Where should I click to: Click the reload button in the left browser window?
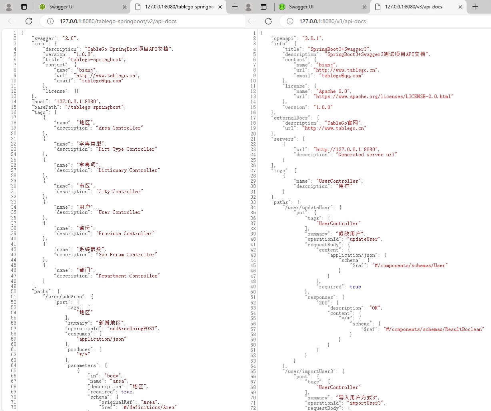(x=29, y=21)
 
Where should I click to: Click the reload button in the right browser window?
(x=268, y=21)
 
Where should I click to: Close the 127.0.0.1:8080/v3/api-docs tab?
(x=460, y=7)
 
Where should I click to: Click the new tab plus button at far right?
(x=475, y=7)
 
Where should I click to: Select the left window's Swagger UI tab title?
(x=62, y=7)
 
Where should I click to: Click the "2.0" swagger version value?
(x=70, y=38)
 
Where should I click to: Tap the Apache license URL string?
(x=383, y=96)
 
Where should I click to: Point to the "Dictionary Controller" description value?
(x=128, y=170)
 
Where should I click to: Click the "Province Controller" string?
(x=125, y=233)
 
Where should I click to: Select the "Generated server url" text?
(x=366, y=155)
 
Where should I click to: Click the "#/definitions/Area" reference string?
(x=149, y=407)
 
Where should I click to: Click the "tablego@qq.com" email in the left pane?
(x=101, y=81)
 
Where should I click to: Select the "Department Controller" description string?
(x=128, y=276)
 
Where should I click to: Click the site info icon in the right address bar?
(x=290, y=21)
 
